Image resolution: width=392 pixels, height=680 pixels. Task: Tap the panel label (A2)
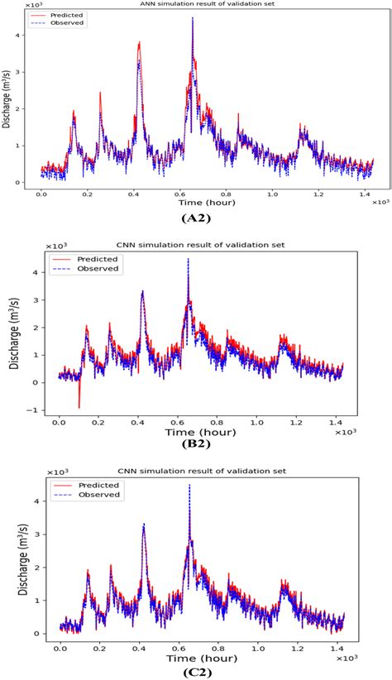point(196,218)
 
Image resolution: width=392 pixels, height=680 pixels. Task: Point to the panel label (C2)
point(196,671)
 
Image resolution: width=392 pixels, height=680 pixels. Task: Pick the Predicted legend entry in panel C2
point(98,485)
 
